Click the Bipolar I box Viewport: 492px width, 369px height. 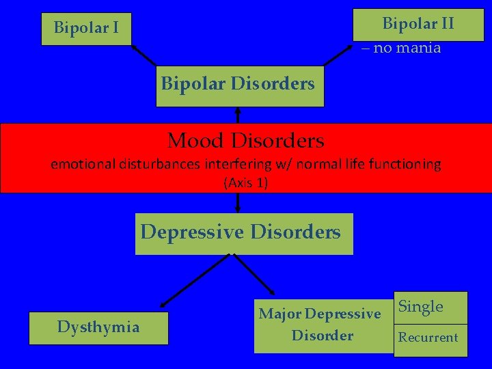(x=86, y=29)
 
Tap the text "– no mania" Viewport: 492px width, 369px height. (x=401, y=49)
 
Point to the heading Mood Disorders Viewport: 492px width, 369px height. (x=246, y=141)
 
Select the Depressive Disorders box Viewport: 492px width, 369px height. (x=243, y=233)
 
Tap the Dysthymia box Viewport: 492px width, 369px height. (x=98, y=327)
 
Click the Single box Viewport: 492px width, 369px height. (x=430, y=307)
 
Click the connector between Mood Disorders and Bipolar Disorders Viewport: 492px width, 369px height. (x=238, y=115)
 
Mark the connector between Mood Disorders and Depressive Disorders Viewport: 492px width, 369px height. (x=238, y=203)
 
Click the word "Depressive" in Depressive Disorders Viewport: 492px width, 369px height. (x=192, y=232)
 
